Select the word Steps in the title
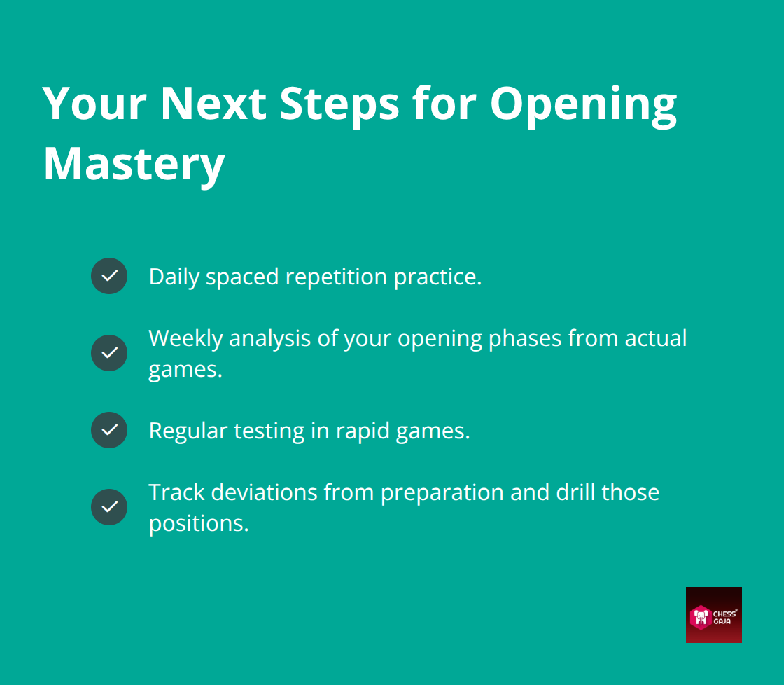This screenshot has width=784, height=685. coord(339,104)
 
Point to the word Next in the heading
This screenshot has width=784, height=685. coord(213,104)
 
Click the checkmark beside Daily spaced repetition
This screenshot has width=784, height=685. coord(109,276)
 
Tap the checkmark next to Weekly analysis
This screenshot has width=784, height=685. coord(109,353)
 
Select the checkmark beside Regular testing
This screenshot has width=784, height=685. coord(109,430)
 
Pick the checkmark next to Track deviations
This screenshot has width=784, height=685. coord(109,507)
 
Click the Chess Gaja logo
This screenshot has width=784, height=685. coord(713,614)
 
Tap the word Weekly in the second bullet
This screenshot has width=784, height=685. coord(185,338)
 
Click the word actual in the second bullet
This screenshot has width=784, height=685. coord(655,338)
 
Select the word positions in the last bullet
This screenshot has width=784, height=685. coord(199,523)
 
